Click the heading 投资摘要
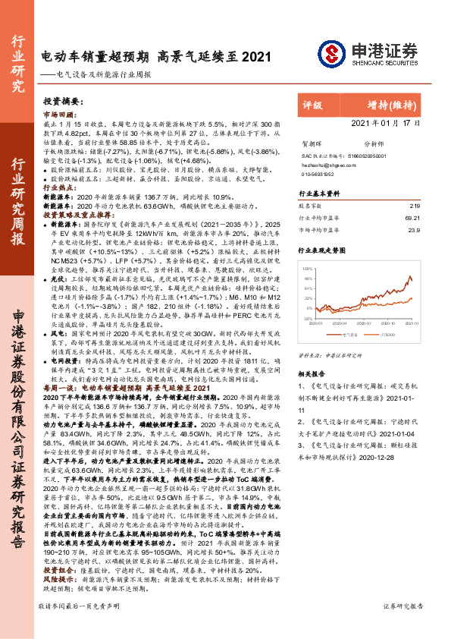point(59,100)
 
